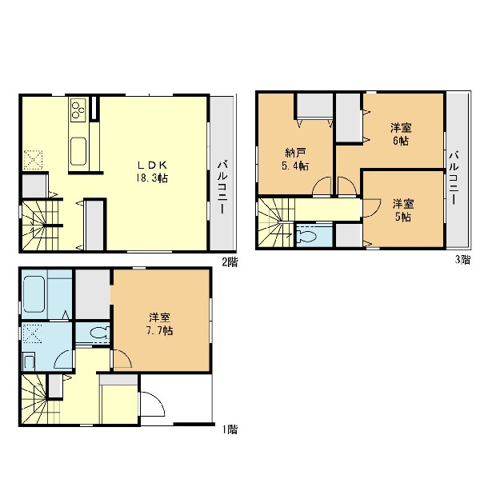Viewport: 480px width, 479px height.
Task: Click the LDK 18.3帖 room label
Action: pyautogui.click(x=152, y=172)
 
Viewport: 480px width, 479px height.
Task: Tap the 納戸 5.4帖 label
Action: pyautogui.click(x=294, y=159)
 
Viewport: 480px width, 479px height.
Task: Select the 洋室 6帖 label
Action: pyautogui.click(x=401, y=134)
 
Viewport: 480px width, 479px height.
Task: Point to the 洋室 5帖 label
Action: pyautogui.click(x=403, y=210)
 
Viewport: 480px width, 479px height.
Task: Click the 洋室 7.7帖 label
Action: pyautogui.click(x=159, y=324)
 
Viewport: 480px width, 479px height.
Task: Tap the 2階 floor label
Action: pyautogui.click(x=230, y=262)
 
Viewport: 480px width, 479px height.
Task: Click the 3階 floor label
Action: pyautogui.click(x=462, y=260)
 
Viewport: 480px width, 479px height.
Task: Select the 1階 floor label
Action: pyautogui.click(x=230, y=429)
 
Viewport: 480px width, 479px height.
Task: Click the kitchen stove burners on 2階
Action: pyautogui.click(x=78, y=109)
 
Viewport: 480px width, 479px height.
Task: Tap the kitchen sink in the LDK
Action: pyautogui.click(x=78, y=151)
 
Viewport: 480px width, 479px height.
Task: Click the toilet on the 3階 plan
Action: pyautogui.click(x=310, y=236)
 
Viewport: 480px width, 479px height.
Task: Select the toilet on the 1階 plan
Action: pyautogui.click(x=98, y=332)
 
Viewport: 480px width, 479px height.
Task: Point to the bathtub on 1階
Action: pyautogui.click(x=34, y=294)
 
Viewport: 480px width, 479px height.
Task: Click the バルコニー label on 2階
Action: pyautogui.click(x=222, y=188)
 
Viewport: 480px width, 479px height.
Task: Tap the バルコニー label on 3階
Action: pyautogui.click(x=454, y=178)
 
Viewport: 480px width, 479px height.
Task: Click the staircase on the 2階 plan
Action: pyautogui.click(x=40, y=226)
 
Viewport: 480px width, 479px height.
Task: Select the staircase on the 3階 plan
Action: pyautogui.click(x=276, y=223)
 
